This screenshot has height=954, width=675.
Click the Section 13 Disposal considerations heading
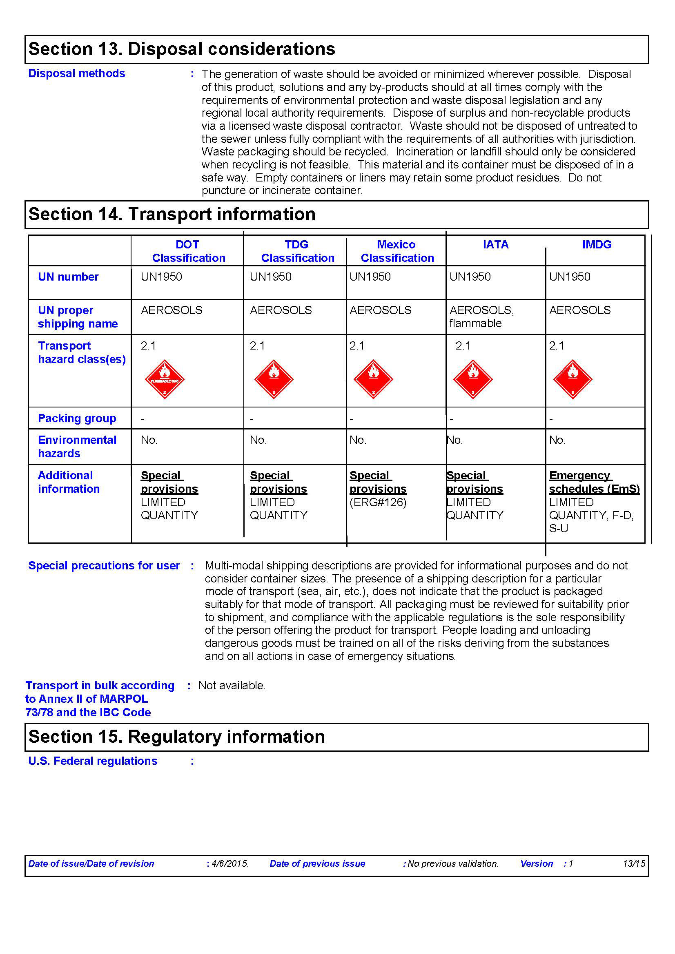point(182,49)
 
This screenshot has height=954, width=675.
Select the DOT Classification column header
point(188,251)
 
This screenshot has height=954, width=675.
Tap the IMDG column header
point(597,244)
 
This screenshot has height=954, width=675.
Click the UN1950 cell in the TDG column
point(270,277)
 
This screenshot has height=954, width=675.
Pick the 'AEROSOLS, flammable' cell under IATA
point(481,317)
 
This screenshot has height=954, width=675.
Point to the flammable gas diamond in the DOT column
point(165,379)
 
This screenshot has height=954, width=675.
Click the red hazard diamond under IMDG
point(573,379)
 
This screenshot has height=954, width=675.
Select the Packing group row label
point(77,418)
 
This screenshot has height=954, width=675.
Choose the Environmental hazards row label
point(77,446)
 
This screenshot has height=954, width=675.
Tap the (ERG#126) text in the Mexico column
point(378,502)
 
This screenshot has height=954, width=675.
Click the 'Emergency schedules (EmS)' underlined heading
point(594,482)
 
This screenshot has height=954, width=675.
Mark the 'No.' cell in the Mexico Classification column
point(358,440)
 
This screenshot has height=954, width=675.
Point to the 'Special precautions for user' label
point(104,565)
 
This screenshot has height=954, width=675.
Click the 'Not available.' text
point(232,685)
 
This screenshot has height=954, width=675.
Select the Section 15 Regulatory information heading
point(177,737)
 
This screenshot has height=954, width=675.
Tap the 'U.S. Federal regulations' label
point(93,761)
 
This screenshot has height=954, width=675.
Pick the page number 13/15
point(633,863)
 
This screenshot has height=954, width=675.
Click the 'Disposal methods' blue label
point(76,73)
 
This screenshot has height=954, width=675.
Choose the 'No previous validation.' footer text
point(453,863)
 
